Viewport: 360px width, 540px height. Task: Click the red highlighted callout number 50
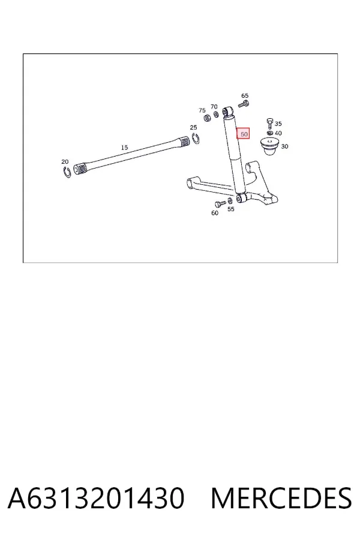click(243, 134)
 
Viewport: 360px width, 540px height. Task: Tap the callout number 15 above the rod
click(124, 148)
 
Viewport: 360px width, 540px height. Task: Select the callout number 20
click(65, 161)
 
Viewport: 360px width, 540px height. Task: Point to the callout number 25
click(193, 127)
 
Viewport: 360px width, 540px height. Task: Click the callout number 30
click(284, 146)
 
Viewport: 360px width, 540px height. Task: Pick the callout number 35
click(278, 124)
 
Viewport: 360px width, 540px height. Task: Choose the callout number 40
click(278, 133)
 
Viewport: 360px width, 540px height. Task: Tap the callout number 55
click(231, 209)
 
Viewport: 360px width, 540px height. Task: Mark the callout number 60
click(215, 213)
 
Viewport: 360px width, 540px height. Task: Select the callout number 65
click(245, 95)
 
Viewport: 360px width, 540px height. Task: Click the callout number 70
click(214, 107)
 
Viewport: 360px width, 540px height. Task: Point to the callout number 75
click(202, 110)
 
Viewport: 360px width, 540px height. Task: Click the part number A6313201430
click(96, 498)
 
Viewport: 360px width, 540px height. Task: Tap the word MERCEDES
click(281, 498)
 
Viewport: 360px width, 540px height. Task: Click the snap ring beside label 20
click(67, 172)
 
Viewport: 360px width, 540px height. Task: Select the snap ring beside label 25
click(196, 139)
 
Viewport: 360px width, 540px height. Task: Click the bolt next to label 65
click(243, 104)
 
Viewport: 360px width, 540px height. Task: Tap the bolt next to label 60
click(220, 203)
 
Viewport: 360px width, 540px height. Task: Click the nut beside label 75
click(208, 118)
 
